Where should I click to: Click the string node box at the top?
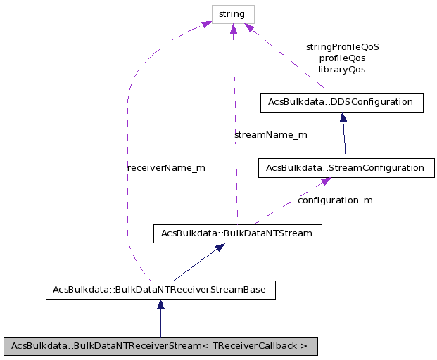coord(232,14)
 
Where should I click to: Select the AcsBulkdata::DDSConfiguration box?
coord(341,102)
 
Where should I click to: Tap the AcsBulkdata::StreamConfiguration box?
coord(346,168)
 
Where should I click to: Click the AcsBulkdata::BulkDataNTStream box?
coord(237,233)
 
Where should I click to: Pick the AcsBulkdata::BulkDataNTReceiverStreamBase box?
coord(160,290)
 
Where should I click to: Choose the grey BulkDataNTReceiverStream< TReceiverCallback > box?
coord(160,346)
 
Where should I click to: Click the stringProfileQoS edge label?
coord(342,46)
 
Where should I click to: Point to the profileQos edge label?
coord(342,58)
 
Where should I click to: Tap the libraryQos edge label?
coord(342,70)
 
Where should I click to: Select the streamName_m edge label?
coord(271,134)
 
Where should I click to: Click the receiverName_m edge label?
coord(166,168)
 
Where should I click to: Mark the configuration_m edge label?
coord(335,200)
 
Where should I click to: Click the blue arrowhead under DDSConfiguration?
coord(343,117)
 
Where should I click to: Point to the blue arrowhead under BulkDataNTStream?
coord(220,247)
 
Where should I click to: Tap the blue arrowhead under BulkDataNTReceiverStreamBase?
coord(160,304)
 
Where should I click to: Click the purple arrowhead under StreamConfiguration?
coord(326,182)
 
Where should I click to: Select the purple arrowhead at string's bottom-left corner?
coord(206,25)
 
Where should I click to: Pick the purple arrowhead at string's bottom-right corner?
coord(248,27)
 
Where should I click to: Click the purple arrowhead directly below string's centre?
coord(233,28)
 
